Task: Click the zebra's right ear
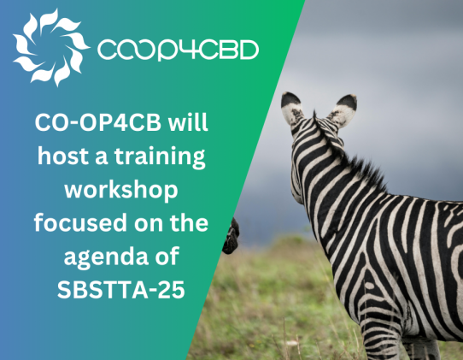(x=345, y=109)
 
